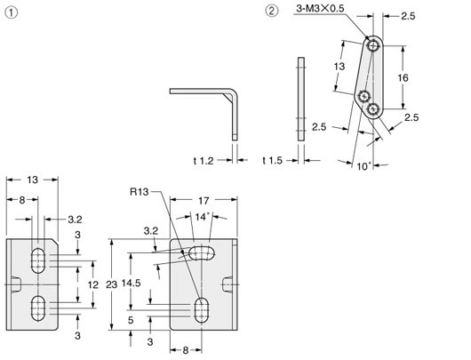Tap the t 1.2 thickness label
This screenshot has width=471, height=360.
coord(204,160)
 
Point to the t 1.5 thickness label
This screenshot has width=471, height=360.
coord(275,160)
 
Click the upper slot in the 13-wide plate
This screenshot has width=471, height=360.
coord(38,260)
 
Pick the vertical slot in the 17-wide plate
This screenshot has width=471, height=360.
coord(202,308)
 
